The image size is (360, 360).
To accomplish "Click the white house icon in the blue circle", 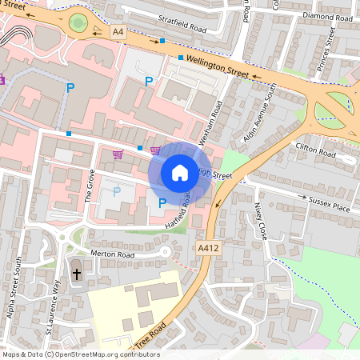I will point(180,172).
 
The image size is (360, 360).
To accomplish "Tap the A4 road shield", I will point(119,32).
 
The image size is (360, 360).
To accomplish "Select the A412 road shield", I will point(206,250).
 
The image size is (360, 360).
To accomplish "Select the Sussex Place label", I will point(330,206).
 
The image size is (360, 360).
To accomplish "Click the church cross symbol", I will point(77,274).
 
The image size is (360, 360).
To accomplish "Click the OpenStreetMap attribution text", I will point(80,354).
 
